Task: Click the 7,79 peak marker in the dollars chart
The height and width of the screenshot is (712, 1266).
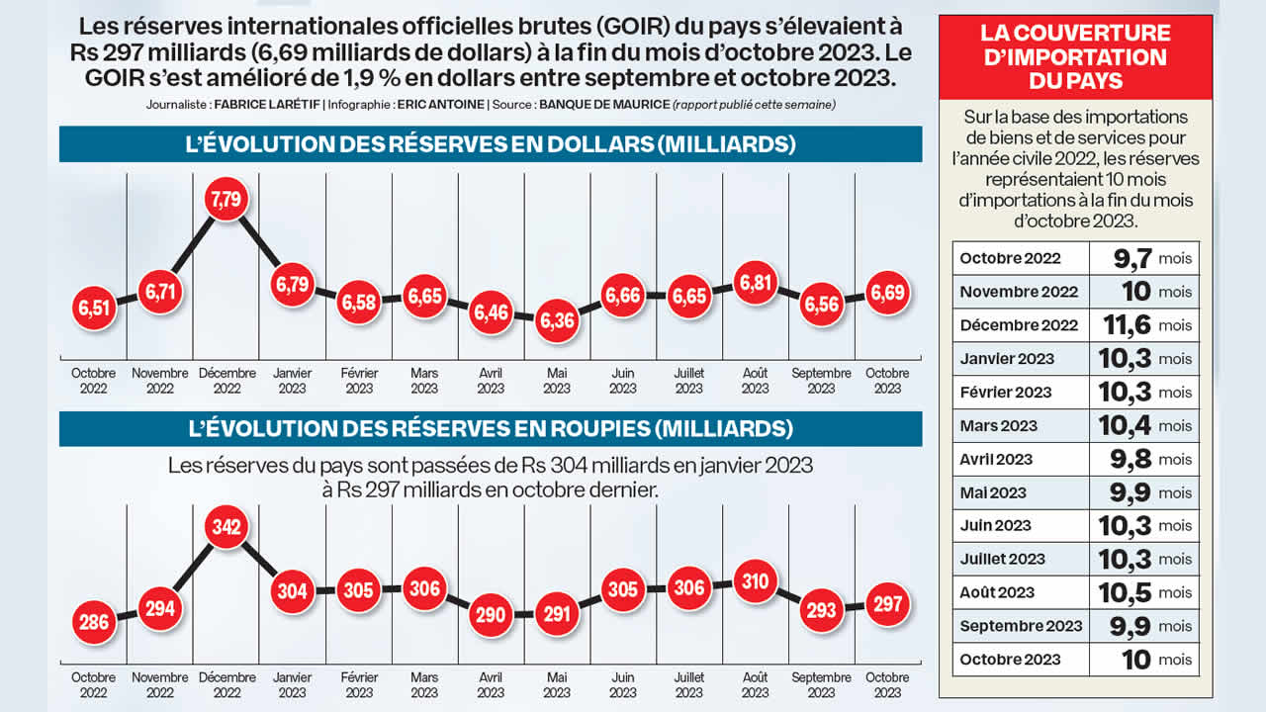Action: click(226, 199)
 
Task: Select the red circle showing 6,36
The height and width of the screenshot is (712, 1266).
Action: click(557, 320)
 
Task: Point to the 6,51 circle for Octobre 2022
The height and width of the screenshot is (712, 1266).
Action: click(95, 309)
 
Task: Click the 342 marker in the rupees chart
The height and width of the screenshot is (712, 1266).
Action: click(226, 526)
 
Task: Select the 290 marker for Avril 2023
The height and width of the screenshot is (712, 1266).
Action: click(491, 614)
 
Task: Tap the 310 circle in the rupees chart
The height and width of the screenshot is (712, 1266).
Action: click(756, 581)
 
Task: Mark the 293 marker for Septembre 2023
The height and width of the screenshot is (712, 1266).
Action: click(822, 610)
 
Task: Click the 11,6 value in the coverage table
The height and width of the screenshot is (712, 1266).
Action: click(1124, 325)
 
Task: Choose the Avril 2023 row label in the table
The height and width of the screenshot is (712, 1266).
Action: click(996, 459)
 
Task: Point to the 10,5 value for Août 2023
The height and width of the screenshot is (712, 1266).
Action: click(1124, 592)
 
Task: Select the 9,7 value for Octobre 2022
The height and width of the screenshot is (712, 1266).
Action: click(1131, 258)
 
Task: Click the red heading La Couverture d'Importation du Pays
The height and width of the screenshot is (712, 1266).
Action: click(1075, 57)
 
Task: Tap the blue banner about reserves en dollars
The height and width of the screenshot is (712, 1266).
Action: click(491, 144)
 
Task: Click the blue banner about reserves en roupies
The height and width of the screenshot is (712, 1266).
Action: click(491, 429)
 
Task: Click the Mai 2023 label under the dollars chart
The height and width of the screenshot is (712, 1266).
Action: click(557, 381)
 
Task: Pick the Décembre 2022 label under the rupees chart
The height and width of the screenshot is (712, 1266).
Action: click(226, 684)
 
